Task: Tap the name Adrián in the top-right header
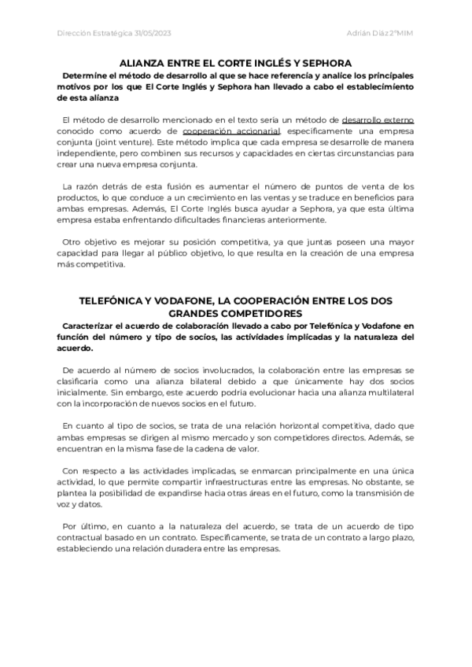point(360,32)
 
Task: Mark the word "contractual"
point(83,538)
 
